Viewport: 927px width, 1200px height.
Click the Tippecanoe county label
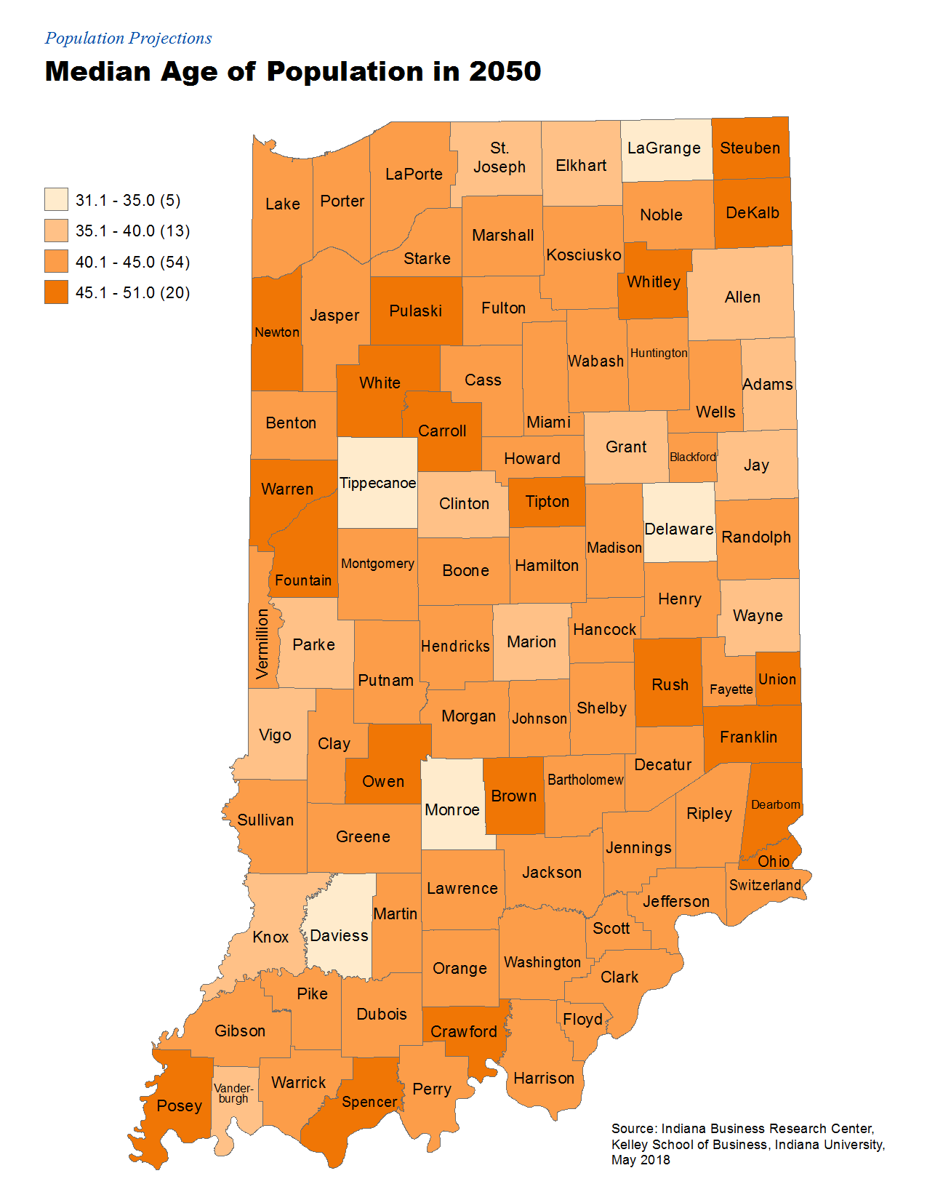pos(377,483)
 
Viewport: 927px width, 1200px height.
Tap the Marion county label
pos(531,641)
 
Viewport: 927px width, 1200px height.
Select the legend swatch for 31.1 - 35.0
pos(56,199)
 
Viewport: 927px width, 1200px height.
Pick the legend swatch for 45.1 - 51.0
pos(56,292)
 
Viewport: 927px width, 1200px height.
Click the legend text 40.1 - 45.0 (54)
pos(132,262)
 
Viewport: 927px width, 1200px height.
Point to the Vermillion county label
pos(262,644)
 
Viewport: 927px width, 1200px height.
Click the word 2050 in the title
pos(505,71)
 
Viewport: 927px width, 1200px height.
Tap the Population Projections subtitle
pos(128,38)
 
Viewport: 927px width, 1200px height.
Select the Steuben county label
pos(750,148)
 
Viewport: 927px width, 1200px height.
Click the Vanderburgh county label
pos(233,1093)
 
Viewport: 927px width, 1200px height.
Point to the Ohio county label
pos(773,861)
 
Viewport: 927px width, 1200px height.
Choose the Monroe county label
pos(452,809)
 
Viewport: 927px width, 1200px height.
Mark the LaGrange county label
pos(664,148)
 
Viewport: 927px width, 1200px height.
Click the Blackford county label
pos(692,457)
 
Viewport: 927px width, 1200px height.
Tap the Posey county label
pos(179,1105)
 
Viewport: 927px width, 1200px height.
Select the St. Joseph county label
pos(499,157)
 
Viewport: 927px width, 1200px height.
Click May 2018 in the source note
pos(640,1160)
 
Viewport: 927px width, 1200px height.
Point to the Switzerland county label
pos(765,885)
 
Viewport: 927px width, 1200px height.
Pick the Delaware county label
pos(679,529)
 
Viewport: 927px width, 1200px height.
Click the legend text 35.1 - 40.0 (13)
pos(132,231)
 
